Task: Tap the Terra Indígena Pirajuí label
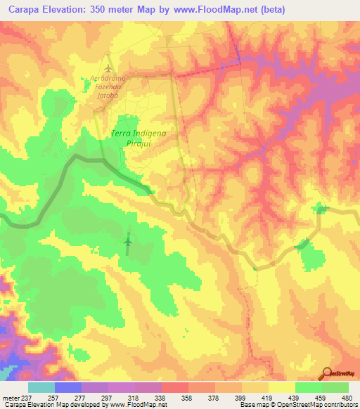point(134,136)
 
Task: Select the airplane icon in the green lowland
point(128,243)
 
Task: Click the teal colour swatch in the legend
point(41,387)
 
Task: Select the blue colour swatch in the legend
point(68,387)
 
